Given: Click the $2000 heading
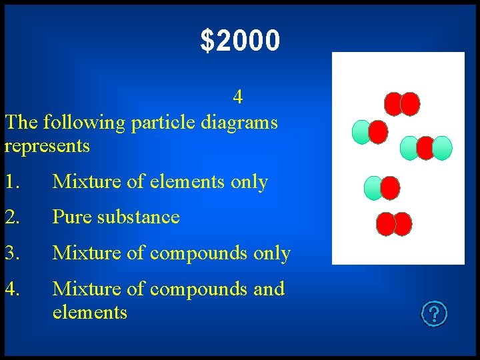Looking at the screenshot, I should click(x=240, y=41).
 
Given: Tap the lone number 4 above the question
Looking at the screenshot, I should click(x=238, y=97).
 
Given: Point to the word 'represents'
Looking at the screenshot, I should click(x=47, y=145).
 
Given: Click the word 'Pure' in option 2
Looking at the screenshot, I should click(x=73, y=217).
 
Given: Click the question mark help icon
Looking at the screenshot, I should click(x=434, y=313).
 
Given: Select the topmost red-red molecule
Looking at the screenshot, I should click(x=402, y=104).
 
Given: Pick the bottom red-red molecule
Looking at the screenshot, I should click(x=394, y=224).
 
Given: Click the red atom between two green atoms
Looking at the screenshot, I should click(x=425, y=148).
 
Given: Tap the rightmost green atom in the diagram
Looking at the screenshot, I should click(x=442, y=148).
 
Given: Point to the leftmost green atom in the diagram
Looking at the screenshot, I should click(x=361, y=133).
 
